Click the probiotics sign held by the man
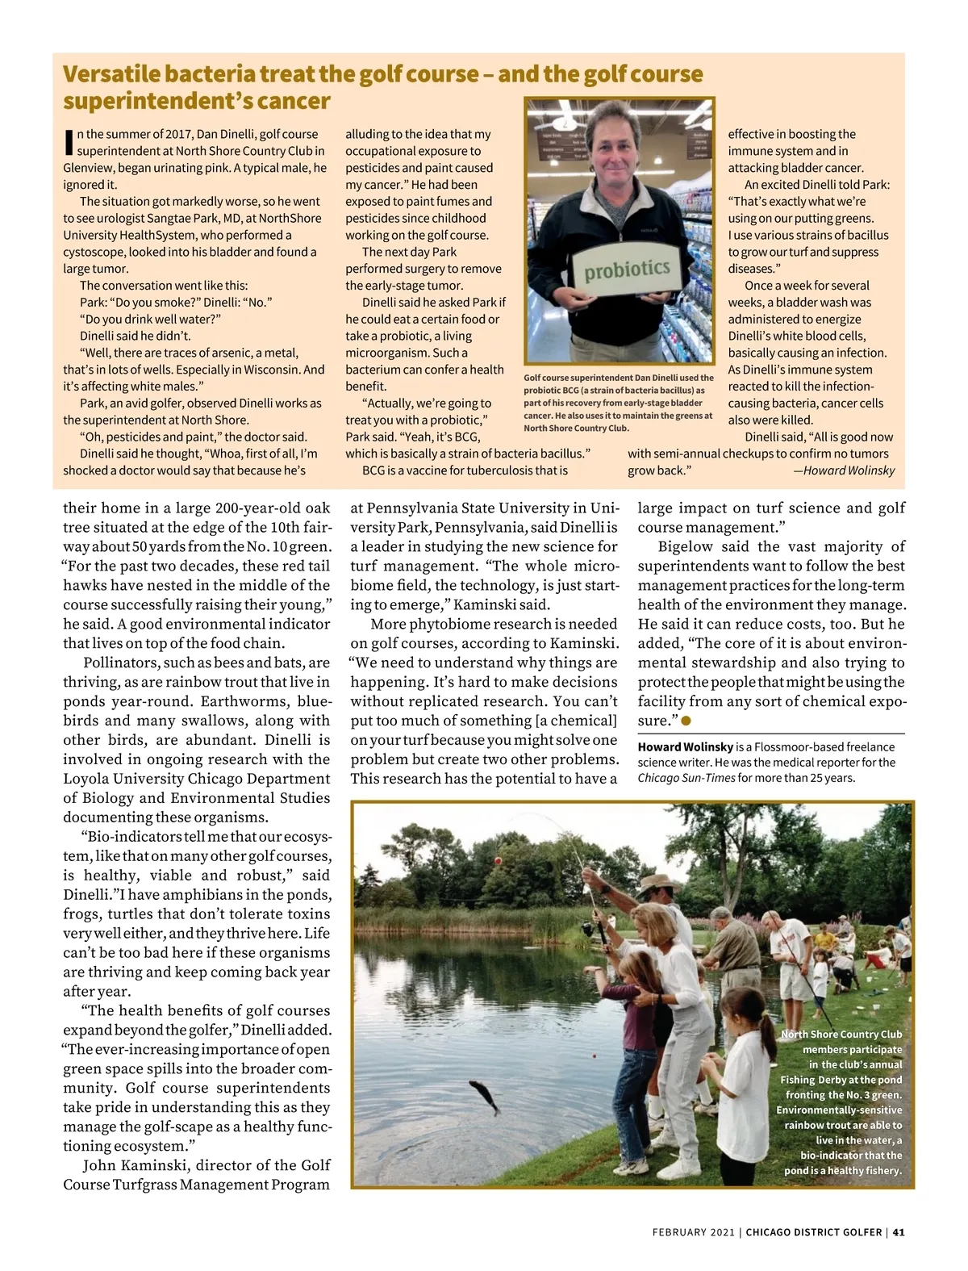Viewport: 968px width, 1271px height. (628, 270)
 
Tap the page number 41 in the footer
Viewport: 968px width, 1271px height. (899, 1232)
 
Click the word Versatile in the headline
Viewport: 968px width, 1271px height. (113, 74)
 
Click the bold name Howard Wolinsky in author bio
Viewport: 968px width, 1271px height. (685, 747)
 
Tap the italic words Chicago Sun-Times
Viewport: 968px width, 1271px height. (686, 778)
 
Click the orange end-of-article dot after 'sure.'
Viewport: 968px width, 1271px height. (686, 720)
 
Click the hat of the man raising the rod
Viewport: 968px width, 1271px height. (655, 882)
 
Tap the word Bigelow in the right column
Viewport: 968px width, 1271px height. (686, 546)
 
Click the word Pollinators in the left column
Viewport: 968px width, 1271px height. (122, 663)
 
